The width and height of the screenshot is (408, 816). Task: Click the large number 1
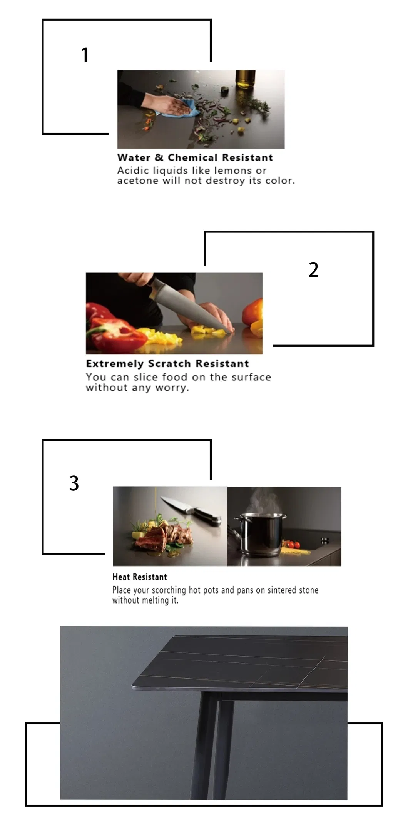(x=85, y=55)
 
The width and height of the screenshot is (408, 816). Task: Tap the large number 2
(x=313, y=269)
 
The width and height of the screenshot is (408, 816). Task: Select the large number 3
(x=74, y=483)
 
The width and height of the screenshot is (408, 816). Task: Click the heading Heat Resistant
(x=140, y=577)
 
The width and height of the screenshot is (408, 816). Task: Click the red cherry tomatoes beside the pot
(x=293, y=545)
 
